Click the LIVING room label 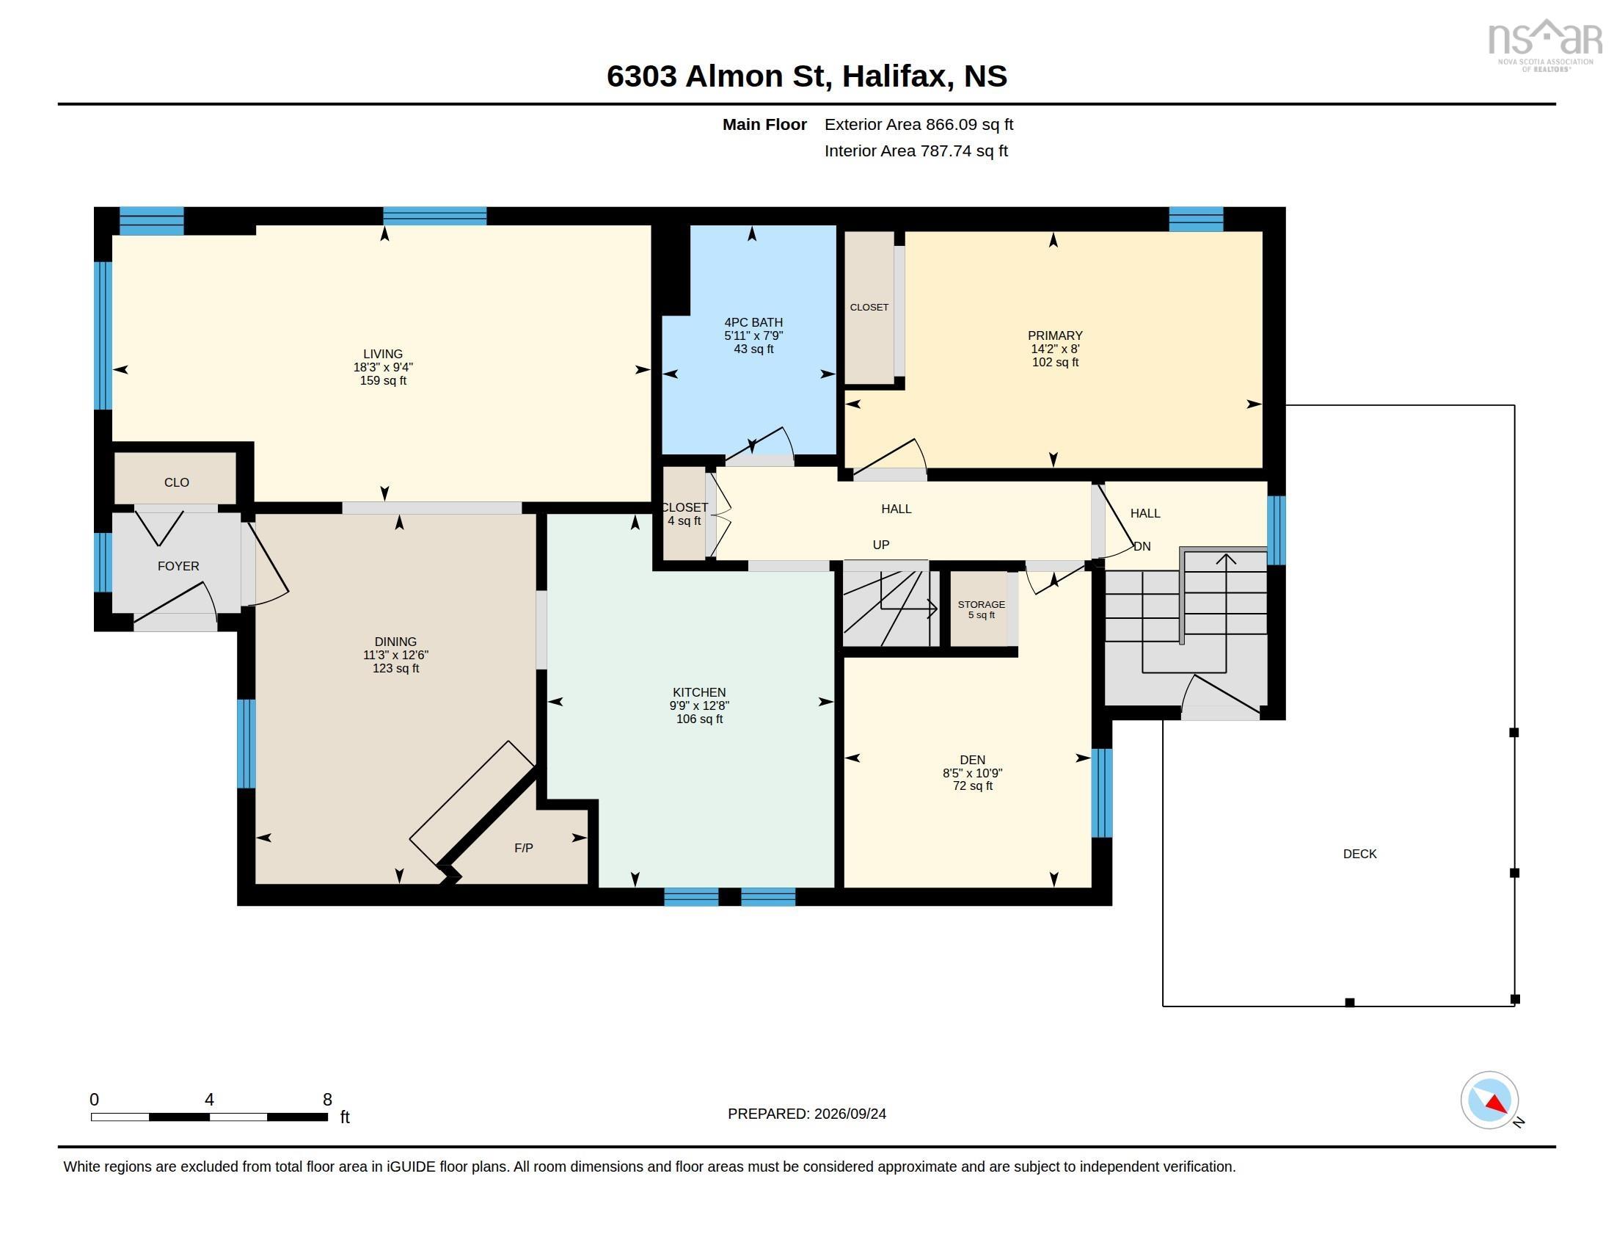(x=383, y=354)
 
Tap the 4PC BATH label (x=753, y=322)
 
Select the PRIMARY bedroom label (x=1054, y=335)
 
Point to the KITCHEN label (x=699, y=693)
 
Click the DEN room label (x=973, y=760)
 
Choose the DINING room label (x=395, y=642)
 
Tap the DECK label (x=1359, y=854)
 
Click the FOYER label (x=178, y=566)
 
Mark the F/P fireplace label (x=524, y=848)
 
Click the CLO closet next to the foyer (x=176, y=479)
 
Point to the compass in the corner (x=1490, y=1100)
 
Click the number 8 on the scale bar (x=327, y=1100)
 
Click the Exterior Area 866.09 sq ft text (x=919, y=125)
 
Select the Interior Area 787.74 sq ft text (x=916, y=151)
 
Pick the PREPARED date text (x=807, y=1114)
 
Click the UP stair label (x=881, y=545)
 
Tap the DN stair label (x=1142, y=546)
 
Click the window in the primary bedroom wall (x=1196, y=220)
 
